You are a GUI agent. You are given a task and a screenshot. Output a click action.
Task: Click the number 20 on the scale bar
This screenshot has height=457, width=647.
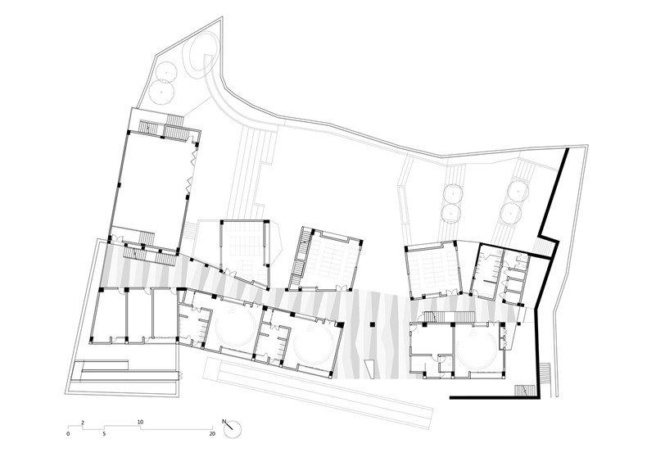coord(212,434)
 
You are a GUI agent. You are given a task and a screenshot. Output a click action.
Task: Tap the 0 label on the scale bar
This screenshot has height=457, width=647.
coord(68,434)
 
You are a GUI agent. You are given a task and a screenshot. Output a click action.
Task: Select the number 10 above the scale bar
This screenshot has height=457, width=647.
coord(140,422)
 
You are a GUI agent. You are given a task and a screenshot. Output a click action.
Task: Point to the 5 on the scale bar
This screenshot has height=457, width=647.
coord(104,434)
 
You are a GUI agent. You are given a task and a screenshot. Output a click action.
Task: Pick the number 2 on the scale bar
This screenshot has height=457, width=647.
coord(83,422)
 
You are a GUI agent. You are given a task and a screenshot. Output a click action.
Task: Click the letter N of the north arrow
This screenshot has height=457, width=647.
coord(224,422)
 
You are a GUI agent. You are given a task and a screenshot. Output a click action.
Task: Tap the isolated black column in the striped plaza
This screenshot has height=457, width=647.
coord(372,324)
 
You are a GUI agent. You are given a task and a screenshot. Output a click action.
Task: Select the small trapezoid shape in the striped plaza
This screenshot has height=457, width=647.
coord(369,368)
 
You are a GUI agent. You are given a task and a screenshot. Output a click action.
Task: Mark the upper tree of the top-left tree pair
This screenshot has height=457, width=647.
coord(165,71)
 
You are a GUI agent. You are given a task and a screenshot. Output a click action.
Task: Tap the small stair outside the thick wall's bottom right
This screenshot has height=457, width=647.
coord(545,373)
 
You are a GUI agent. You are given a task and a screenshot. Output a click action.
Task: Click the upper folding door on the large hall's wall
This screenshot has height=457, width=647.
coord(193,158)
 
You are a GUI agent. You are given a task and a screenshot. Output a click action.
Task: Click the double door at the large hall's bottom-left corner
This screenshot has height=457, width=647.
coord(116,239)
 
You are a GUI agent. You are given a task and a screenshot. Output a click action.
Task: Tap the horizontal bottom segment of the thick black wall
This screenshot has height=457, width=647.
coord(493,397)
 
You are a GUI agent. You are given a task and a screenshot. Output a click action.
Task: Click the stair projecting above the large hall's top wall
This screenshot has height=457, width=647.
coord(174,120)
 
